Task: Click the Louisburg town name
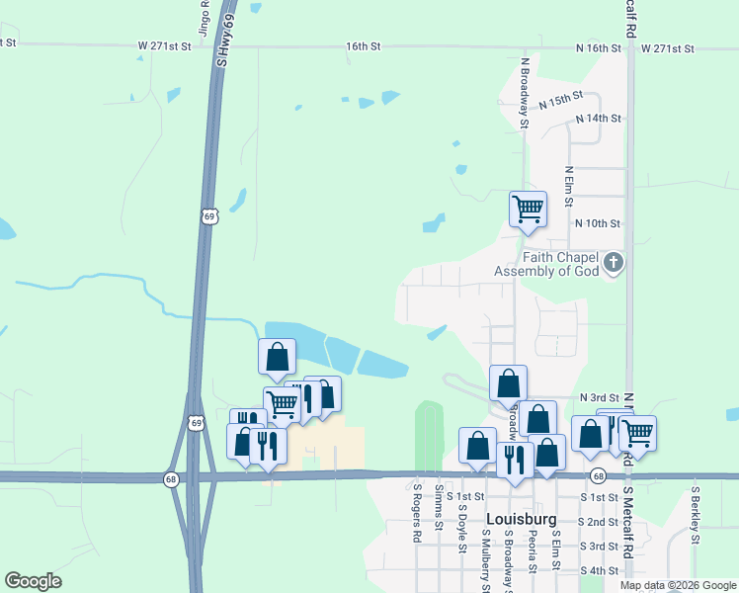522,519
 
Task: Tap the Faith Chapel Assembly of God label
546,264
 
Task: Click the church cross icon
614,263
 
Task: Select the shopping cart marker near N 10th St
528,210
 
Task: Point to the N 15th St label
562,100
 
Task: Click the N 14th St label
599,119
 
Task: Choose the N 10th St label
597,224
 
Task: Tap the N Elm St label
569,186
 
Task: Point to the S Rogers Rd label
418,512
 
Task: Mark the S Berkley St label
695,514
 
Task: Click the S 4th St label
599,571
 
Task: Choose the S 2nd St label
599,522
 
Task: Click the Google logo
33,581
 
